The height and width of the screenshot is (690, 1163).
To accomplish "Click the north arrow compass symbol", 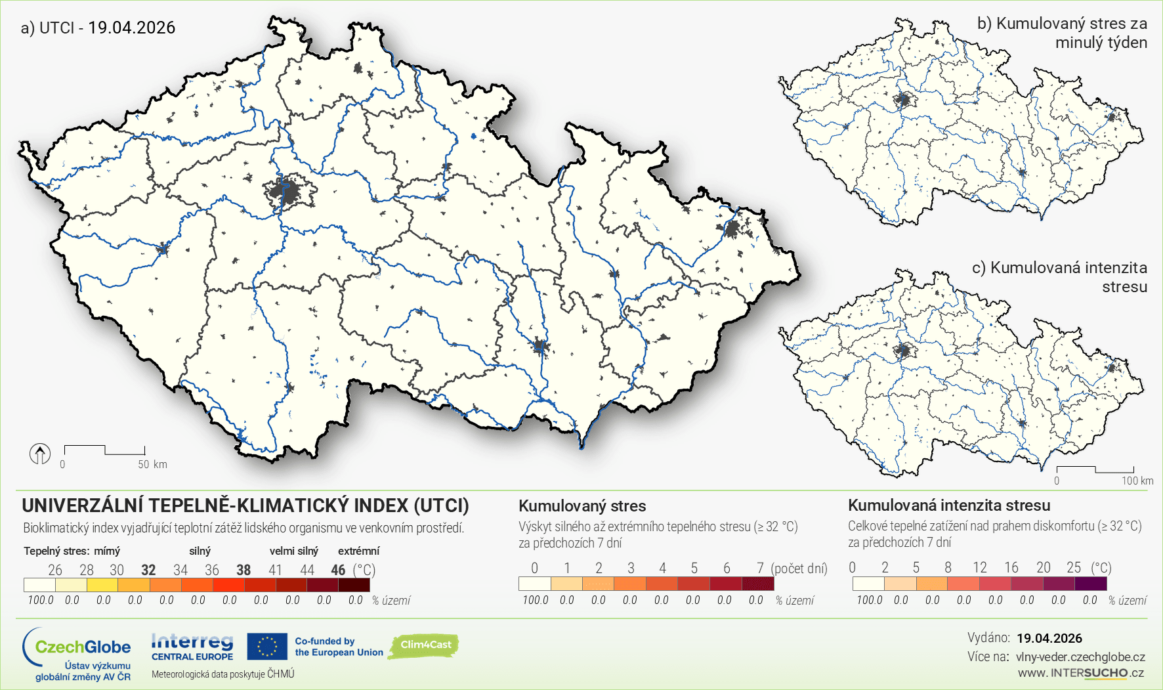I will click(40, 454).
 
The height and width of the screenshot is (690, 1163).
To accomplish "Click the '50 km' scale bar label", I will click(152, 464).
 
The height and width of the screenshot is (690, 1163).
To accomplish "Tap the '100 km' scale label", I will click(1137, 481).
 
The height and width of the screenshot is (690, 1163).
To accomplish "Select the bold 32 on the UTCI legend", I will click(148, 570).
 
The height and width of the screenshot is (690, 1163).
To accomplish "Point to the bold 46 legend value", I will click(338, 570).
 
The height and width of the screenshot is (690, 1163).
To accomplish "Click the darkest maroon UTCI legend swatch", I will click(354, 584).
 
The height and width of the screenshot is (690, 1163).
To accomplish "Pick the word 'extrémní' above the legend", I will click(358, 551).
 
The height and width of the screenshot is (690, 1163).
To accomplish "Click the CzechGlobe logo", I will click(77, 654).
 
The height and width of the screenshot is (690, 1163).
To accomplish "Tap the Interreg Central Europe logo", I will click(192, 647).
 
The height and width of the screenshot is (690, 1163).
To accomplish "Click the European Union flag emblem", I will click(267, 647).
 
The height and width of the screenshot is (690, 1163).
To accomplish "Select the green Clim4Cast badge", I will click(425, 645).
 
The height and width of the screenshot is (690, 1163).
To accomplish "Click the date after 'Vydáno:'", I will click(1049, 638).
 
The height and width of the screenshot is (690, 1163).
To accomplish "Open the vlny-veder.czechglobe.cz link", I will click(1080, 657).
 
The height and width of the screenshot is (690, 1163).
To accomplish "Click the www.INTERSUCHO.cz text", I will click(1080, 673).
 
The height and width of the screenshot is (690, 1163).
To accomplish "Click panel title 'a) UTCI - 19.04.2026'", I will click(98, 28).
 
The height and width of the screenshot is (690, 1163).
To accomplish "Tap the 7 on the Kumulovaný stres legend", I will click(759, 568).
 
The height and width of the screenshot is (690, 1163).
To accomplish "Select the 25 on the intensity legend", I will click(1073, 567).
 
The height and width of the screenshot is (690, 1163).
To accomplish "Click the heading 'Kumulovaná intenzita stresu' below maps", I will click(948, 506).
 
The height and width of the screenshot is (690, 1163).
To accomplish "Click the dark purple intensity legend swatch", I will click(1091, 584).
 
